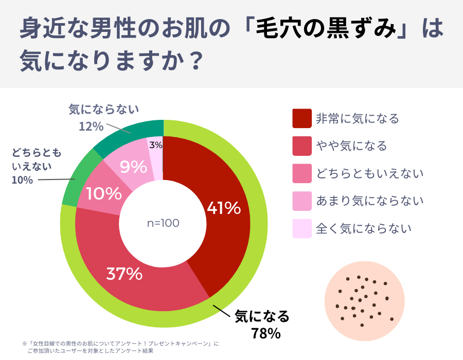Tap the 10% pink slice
click(x=103, y=193)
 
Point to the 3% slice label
click(x=155, y=146)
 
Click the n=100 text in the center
click(x=163, y=223)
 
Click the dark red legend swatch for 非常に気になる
click(x=302, y=118)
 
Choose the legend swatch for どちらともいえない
click(x=302, y=173)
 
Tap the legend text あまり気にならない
click(x=370, y=201)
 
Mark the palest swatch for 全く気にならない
click(x=302, y=228)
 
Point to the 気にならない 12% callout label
click(x=103, y=117)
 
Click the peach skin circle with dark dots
click(x=364, y=301)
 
